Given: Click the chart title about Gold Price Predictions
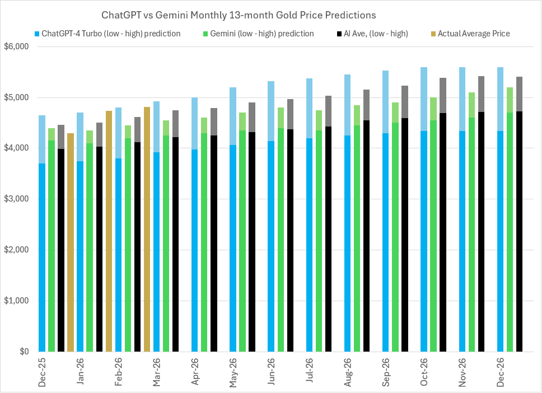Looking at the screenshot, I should (x=238, y=13).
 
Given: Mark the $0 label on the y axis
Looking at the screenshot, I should (x=25, y=352).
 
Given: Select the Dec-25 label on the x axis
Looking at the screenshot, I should (x=43, y=372).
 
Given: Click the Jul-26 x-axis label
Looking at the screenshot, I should (x=309, y=372).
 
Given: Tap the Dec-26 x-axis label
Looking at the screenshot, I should (x=499, y=372).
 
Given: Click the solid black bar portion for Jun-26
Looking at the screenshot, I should (x=290, y=280).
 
